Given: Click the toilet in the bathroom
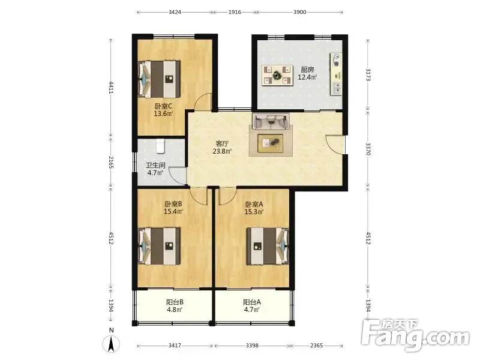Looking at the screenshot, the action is [x=161, y=146].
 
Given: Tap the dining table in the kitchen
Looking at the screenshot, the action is [x=277, y=76].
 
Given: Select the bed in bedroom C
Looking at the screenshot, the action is [x=159, y=79].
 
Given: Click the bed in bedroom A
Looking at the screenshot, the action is [x=268, y=246].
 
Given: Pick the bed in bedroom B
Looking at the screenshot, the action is [x=159, y=246].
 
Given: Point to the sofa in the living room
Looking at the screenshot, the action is [x=271, y=121].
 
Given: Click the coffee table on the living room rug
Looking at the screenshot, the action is [x=271, y=143].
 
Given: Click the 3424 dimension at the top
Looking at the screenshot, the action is [x=175, y=12].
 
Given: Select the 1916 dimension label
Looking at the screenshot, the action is [x=235, y=12].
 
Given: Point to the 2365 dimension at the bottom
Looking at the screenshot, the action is [x=317, y=346].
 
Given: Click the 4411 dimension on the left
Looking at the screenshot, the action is [x=111, y=88].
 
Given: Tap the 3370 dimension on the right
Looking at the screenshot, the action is [x=368, y=149].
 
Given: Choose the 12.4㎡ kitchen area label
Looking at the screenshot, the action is [x=307, y=77].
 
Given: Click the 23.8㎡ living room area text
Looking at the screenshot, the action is [x=222, y=151].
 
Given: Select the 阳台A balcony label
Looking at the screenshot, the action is [x=252, y=302].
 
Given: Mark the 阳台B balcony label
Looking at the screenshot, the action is [x=175, y=302].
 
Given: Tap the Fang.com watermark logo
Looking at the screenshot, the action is [x=415, y=336].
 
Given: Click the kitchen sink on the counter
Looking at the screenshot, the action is [x=336, y=88].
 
